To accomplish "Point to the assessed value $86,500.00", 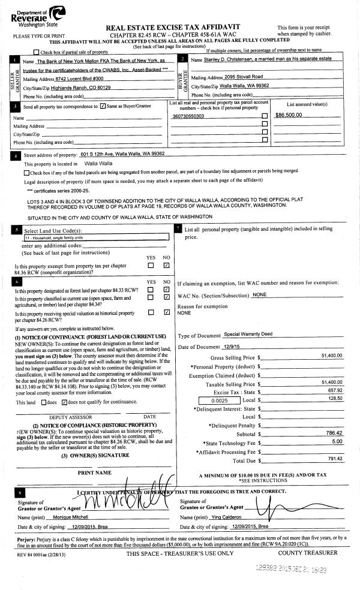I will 287,115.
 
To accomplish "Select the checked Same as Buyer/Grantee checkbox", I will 103,106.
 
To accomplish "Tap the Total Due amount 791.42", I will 334,459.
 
